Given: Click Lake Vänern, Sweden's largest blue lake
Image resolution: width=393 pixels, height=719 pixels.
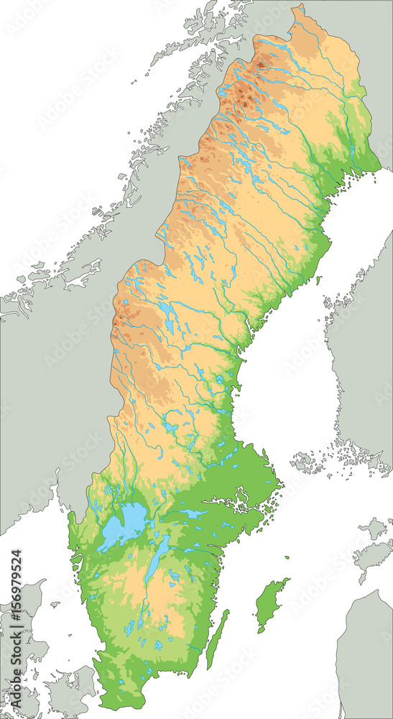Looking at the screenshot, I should coord(124,523).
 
